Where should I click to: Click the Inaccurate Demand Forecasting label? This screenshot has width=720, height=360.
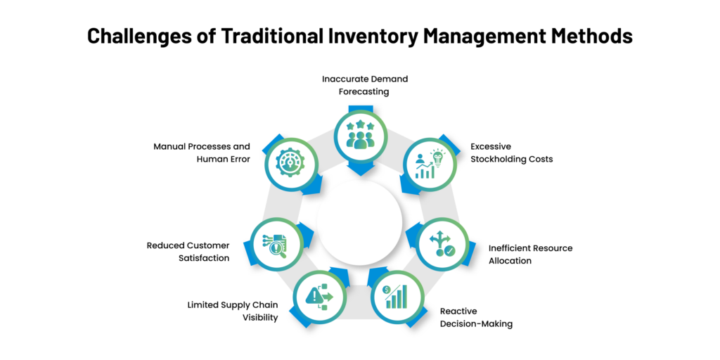click(365, 85)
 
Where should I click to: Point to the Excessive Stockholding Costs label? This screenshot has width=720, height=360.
click(512, 153)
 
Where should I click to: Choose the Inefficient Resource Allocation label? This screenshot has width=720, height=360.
click(530, 255)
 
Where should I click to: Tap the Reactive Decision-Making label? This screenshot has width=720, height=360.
click(476, 317)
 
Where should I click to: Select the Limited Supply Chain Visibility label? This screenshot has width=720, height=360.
click(233, 311)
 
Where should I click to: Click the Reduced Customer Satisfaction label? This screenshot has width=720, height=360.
click(188, 252)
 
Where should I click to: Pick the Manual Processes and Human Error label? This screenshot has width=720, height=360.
click(202, 153)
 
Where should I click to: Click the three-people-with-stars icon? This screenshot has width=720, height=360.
click(360, 134)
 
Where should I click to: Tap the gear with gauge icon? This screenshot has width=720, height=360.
click(290, 162)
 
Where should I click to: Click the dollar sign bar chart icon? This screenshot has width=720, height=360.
click(397, 297)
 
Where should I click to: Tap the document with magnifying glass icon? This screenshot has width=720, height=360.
click(276, 244)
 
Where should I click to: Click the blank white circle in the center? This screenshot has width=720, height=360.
click(360, 223)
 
